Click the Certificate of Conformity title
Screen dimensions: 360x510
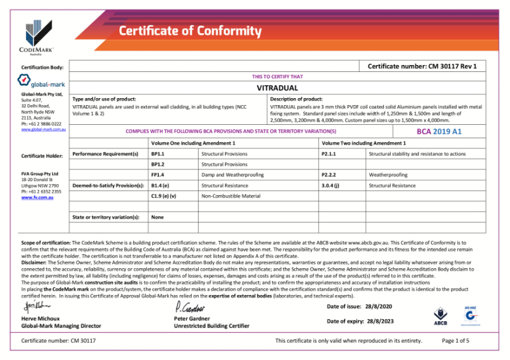(190, 31)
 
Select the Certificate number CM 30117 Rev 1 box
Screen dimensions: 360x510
(422, 66)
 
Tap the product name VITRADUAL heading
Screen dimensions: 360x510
(277, 87)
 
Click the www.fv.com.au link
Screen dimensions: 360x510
(36, 198)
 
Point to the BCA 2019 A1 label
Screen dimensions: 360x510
(439, 132)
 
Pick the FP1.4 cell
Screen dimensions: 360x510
(157, 175)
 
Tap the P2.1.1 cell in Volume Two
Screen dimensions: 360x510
(329, 154)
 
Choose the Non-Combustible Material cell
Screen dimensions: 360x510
(231, 196)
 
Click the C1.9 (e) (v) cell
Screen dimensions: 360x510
(163, 196)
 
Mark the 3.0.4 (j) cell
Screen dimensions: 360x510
(330, 185)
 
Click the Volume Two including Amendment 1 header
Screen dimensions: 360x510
(363, 143)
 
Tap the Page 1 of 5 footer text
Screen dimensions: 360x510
(455, 341)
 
